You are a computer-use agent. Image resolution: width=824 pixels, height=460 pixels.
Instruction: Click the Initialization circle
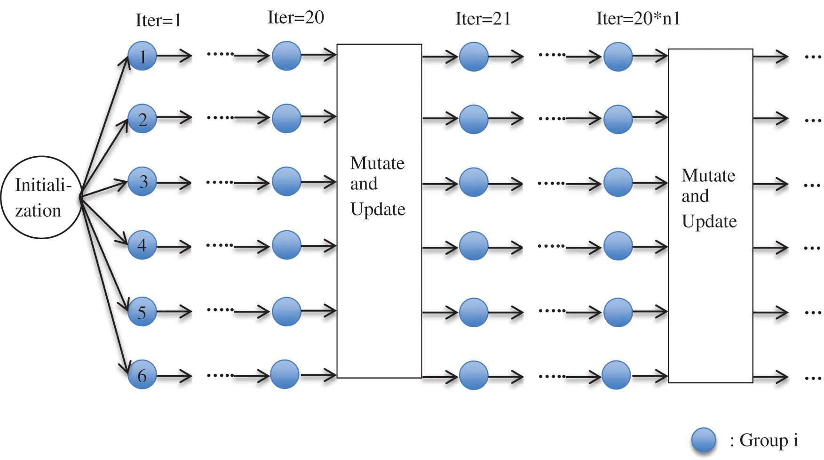pos(41,197)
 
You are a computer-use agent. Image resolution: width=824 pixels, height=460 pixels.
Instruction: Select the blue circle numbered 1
pos(142,56)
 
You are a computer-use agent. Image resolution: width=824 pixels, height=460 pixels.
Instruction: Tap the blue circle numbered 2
pos(142,119)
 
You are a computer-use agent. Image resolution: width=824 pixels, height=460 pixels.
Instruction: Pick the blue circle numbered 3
pos(142,181)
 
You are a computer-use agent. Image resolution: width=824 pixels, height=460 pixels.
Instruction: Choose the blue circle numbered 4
pos(142,245)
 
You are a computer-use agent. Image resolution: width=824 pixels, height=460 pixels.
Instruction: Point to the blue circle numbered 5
pos(142,312)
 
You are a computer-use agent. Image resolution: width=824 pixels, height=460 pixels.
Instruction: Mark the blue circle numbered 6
pos(142,375)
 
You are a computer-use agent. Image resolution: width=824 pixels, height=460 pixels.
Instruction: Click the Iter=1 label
pos(158,20)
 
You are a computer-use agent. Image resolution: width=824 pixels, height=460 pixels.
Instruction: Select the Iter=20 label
pos(296,18)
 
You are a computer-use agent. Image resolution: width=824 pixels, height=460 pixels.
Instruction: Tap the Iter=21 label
pos(483,19)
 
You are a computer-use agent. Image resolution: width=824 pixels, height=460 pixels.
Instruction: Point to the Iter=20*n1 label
pos(638,19)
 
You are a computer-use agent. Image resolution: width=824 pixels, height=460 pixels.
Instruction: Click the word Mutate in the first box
pos(377,163)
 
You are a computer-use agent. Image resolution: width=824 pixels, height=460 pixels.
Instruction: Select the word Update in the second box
pos(709,221)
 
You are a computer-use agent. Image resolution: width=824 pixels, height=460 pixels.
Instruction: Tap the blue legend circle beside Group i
pos(704,441)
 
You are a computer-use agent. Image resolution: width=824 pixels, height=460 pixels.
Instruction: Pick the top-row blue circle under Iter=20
pos(286,56)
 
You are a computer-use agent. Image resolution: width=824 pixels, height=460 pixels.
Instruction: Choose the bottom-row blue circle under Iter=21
pos(474,375)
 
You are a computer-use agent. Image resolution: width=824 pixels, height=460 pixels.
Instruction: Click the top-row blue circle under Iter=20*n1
pos(618,57)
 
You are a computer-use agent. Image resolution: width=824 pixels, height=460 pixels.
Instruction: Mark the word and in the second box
pos(695,196)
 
